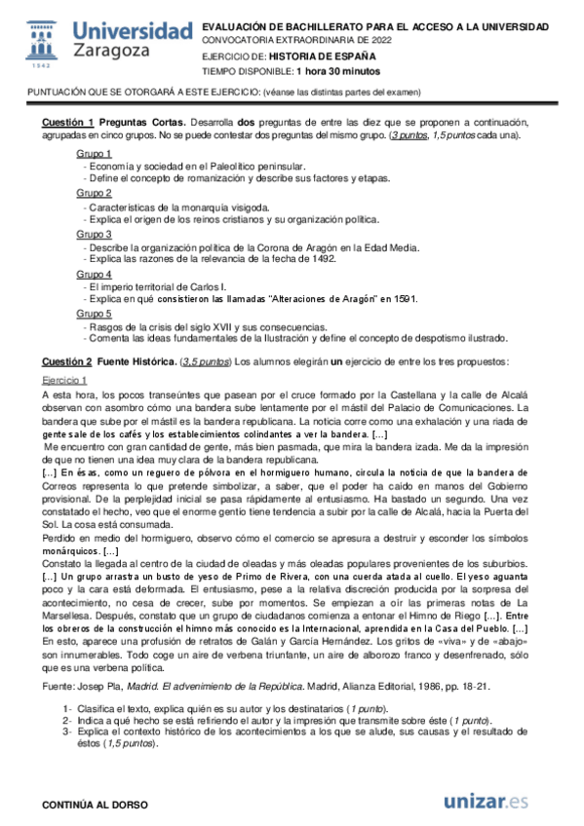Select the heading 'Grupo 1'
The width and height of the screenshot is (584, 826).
pyautogui.click(x=94, y=154)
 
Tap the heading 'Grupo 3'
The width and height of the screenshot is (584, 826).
pyautogui.click(x=94, y=235)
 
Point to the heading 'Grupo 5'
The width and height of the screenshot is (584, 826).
pyautogui.click(x=94, y=315)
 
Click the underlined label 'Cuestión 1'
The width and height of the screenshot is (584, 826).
pyautogui.click(x=67, y=122)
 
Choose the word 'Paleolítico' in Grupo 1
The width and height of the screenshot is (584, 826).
pyautogui.click(x=232, y=167)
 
